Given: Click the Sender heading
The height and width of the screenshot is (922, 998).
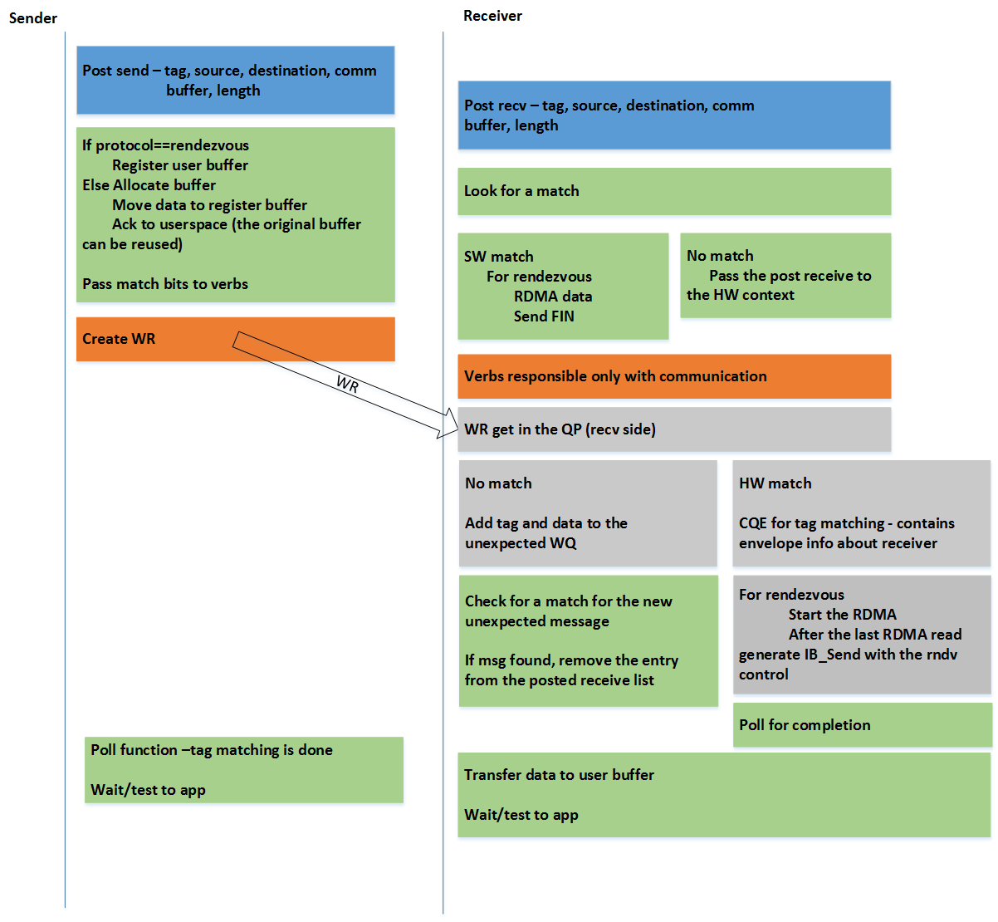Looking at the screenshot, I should (33, 18).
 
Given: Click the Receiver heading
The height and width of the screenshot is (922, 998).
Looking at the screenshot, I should (492, 16).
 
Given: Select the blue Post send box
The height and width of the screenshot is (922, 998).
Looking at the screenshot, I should (235, 81).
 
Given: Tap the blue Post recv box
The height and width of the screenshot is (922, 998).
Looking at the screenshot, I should (673, 115).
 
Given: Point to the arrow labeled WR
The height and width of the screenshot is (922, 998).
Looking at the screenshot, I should (346, 384).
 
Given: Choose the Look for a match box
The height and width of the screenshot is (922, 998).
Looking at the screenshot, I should (673, 191).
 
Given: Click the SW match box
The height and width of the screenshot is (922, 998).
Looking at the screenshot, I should (562, 286).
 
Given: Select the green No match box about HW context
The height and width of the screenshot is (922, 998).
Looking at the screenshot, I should (785, 276).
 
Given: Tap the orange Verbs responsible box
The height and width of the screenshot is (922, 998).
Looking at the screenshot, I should (673, 376).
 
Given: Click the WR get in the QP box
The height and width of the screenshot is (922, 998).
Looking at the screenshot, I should (673, 429).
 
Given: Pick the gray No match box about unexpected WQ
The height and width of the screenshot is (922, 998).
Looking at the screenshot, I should (587, 513).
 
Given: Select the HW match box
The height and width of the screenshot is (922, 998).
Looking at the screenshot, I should (861, 513).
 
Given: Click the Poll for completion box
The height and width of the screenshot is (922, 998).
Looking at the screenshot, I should (862, 725).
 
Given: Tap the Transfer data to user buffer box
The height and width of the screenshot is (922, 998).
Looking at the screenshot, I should (723, 795).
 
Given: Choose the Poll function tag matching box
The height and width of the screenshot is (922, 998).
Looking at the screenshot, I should (243, 770).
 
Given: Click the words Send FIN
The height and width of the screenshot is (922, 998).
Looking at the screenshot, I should (544, 316).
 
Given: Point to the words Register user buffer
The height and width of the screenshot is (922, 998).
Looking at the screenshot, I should (180, 165).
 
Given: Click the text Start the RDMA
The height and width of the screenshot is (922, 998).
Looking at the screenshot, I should (842, 615).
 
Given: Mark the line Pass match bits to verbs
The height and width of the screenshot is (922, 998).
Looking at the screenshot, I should (165, 284).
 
